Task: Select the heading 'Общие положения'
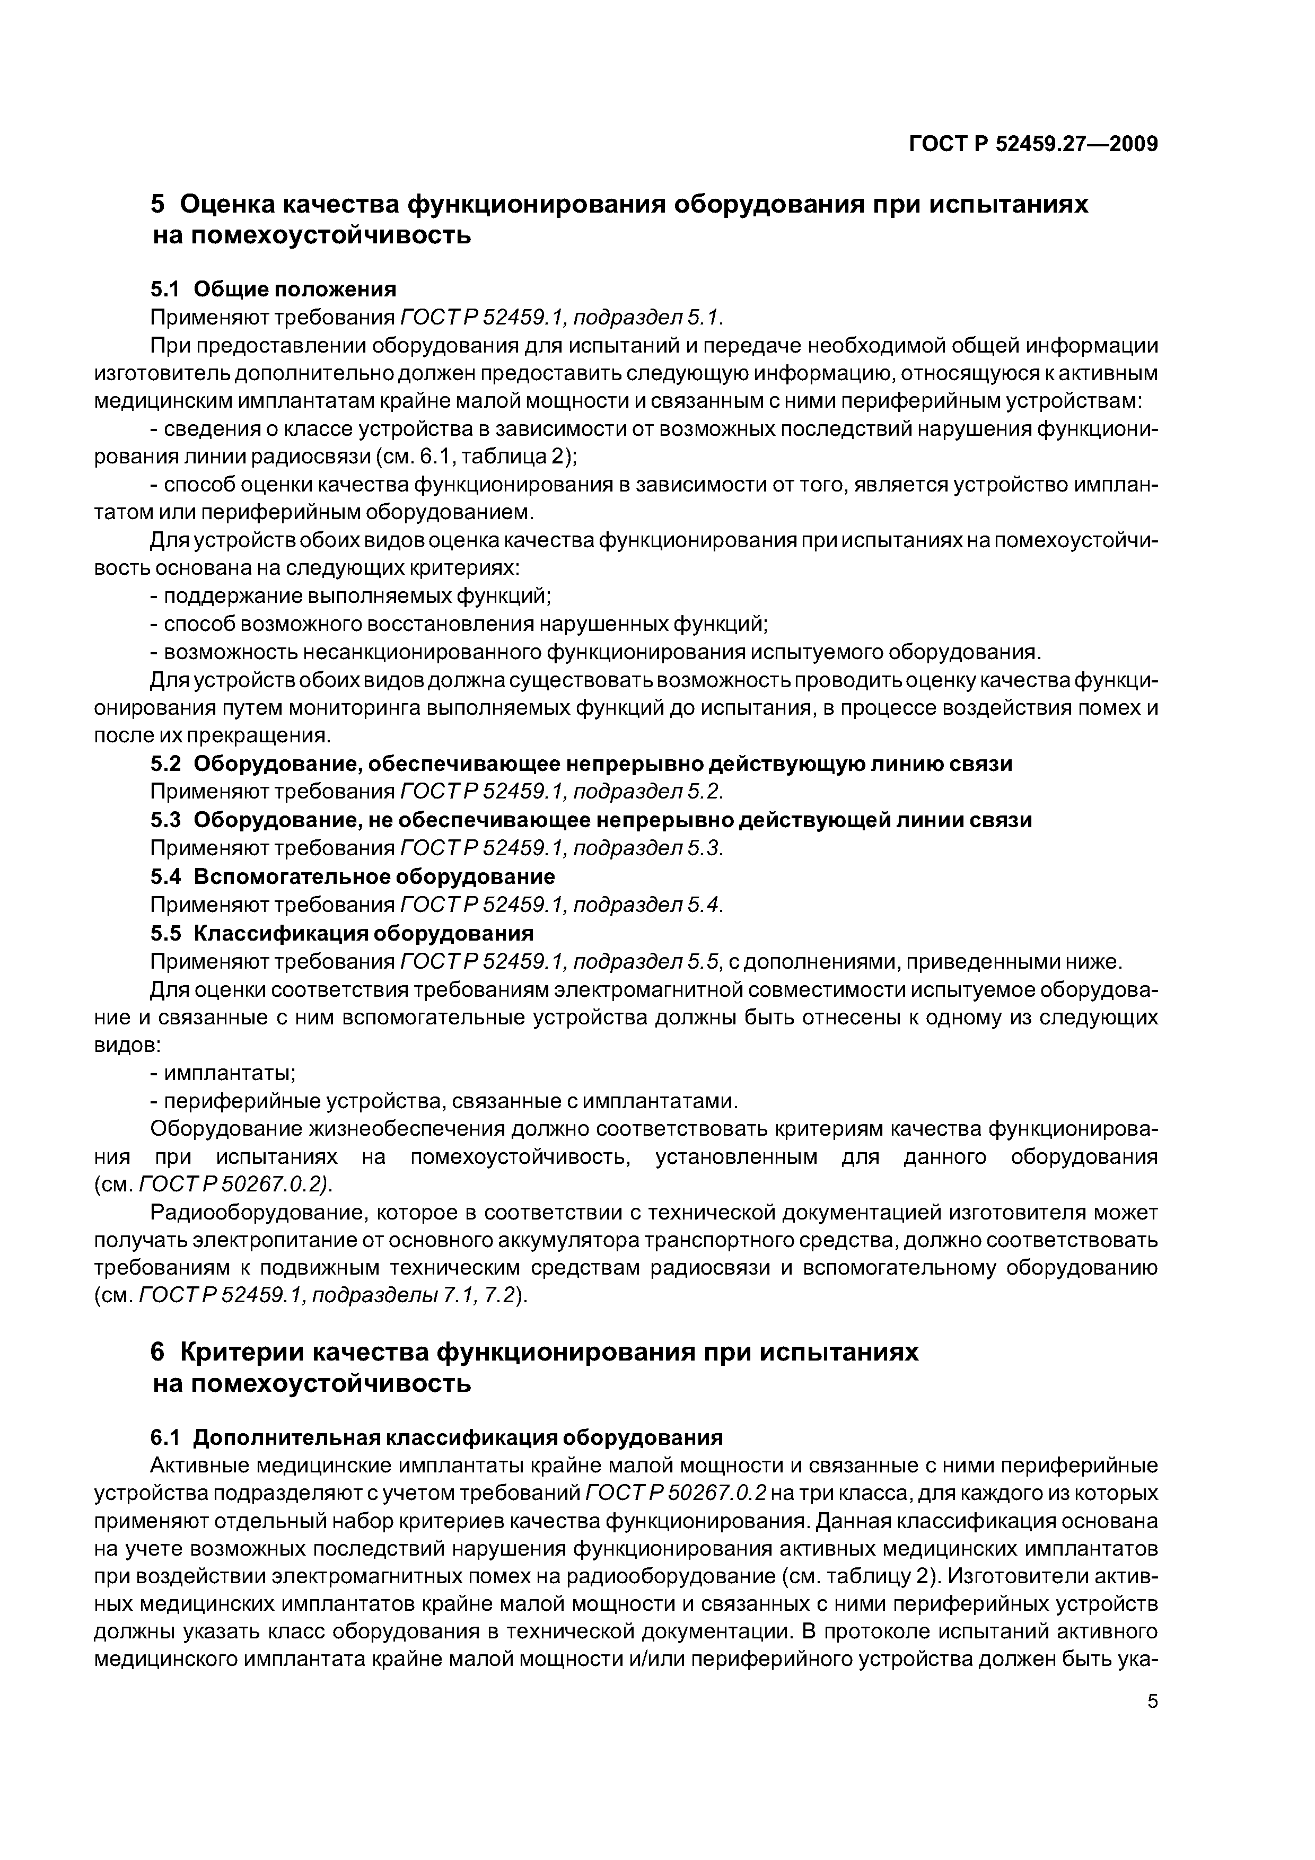pyautogui.click(x=295, y=289)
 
